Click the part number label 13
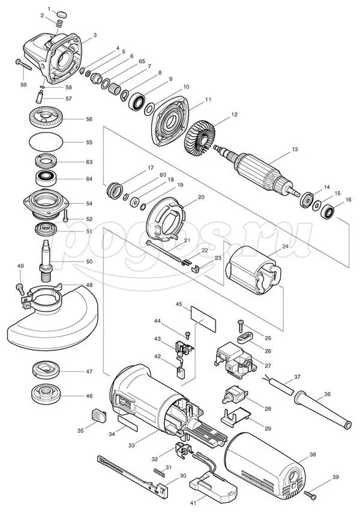[295, 149]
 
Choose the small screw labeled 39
[310, 494]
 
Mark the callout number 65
[142, 61]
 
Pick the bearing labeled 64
[46, 178]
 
